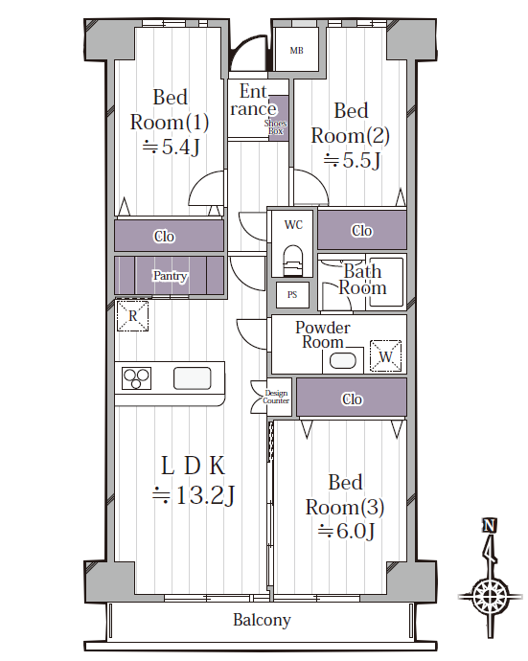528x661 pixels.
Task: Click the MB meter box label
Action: point(296,51)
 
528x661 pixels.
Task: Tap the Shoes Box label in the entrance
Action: point(275,126)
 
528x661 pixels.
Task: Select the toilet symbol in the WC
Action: point(292,261)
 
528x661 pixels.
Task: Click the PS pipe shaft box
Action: point(292,295)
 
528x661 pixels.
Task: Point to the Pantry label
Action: point(170,276)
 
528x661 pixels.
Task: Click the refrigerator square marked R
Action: point(133,315)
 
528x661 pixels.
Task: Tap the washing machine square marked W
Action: point(385,356)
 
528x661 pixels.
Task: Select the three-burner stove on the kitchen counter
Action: point(137,378)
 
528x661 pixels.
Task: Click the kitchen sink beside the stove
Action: point(193,378)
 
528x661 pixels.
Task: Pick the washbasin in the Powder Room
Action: point(343,361)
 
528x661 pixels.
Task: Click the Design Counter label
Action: point(276,397)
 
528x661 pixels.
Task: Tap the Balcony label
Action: point(262,620)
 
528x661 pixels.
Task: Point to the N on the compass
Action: point(490,525)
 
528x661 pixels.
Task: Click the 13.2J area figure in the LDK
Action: point(194,495)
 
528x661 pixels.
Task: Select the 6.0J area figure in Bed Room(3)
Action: point(346,531)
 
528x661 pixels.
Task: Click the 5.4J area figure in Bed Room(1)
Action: point(171,148)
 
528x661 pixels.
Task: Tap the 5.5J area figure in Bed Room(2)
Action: point(352,161)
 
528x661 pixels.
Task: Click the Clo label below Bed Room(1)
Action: point(164,237)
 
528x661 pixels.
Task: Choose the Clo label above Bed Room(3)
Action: point(352,399)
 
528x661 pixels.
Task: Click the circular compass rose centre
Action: point(489,596)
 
